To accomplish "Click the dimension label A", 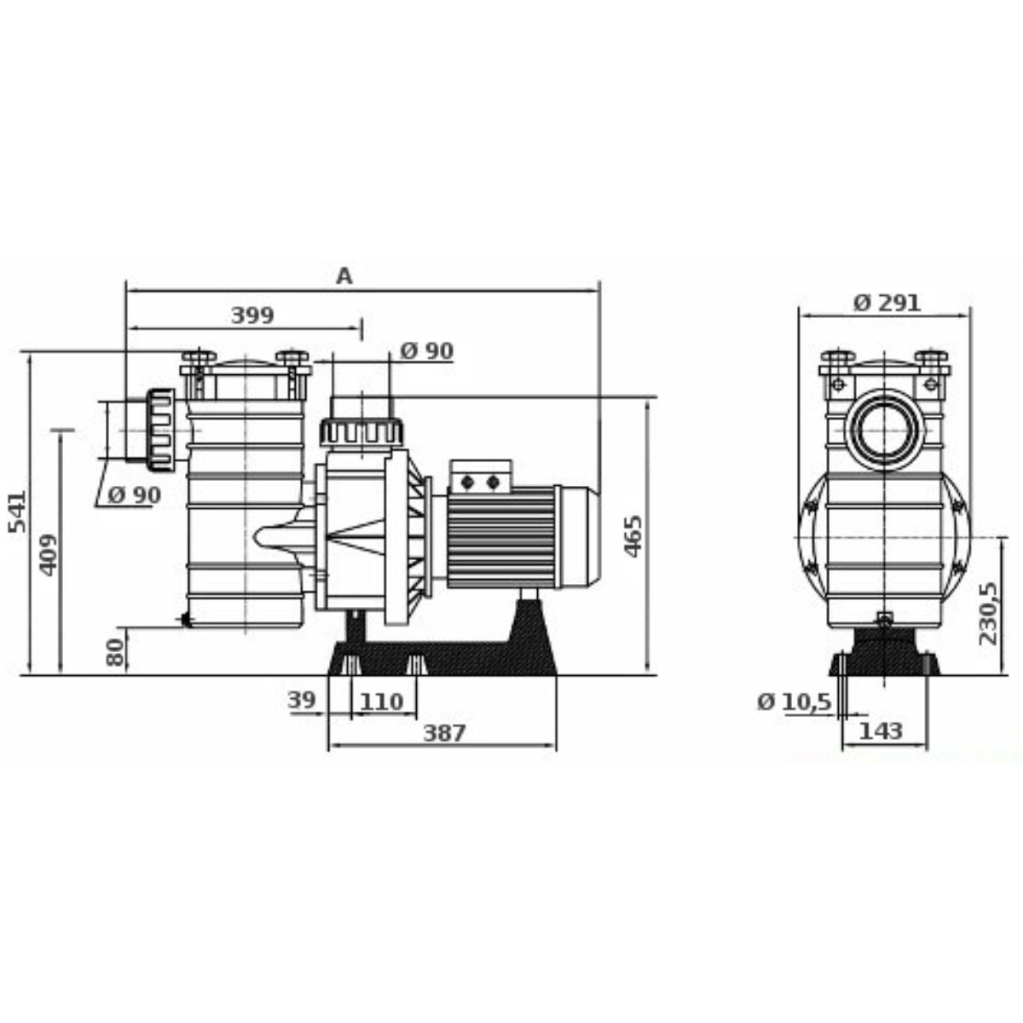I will [344, 275].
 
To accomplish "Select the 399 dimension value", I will [252, 315].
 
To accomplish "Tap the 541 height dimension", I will [17, 511].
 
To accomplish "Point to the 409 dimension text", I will [49, 554].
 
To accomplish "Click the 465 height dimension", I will [632, 536].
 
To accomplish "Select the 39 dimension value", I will [302, 701].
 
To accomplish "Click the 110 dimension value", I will [381, 702].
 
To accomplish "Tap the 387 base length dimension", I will [444, 732].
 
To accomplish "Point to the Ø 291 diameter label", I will [887, 302].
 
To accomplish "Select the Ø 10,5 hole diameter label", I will [794, 702].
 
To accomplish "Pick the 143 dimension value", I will [881, 731].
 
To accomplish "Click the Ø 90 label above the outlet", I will [426, 350].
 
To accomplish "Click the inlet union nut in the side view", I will [159, 430].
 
